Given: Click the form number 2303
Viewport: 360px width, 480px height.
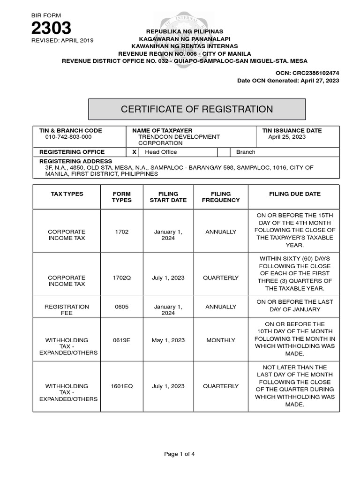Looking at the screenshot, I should click(51, 28).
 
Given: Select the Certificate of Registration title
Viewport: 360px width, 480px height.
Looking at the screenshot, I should click(197, 109).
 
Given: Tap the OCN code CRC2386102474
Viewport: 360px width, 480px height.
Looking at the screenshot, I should click(315, 74).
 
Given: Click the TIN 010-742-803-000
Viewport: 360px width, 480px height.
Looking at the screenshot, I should click(68, 137).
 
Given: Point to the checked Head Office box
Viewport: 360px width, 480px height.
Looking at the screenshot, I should click(134, 152).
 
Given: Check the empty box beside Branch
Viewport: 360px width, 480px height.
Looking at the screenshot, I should click(224, 152).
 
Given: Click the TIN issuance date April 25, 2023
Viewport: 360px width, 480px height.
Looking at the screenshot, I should click(287, 137).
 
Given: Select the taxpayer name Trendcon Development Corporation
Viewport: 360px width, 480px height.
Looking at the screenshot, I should click(179, 140).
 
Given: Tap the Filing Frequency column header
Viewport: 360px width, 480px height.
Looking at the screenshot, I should click(221, 197).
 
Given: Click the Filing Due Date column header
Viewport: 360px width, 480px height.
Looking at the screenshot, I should click(295, 194).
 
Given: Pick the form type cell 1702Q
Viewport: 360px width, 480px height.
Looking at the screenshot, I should click(122, 277).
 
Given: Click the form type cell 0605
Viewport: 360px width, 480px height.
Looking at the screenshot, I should click(122, 307).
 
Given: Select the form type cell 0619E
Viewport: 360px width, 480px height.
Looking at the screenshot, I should click(122, 340).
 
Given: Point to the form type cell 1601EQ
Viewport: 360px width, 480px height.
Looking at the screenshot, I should click(122, 386).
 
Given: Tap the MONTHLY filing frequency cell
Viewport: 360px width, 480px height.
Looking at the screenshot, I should click(221, 340).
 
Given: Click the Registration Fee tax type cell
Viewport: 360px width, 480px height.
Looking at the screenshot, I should click(67, 310).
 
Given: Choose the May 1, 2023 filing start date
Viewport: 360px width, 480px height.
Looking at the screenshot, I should click(168, 340).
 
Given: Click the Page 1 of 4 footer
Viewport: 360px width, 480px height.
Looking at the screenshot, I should click(180, 454).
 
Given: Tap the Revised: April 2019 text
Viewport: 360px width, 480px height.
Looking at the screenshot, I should click(62, 40).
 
